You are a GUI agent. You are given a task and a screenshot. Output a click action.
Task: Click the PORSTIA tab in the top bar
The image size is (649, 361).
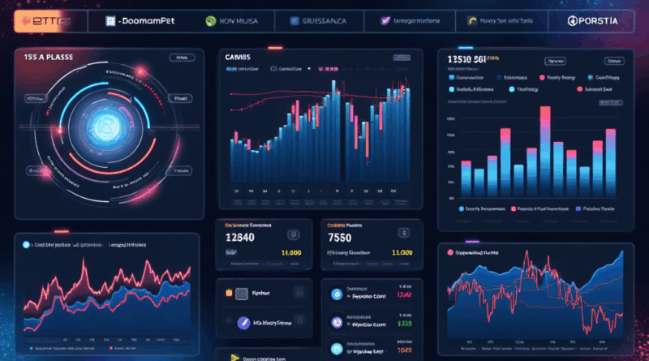[x=595, y=20]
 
